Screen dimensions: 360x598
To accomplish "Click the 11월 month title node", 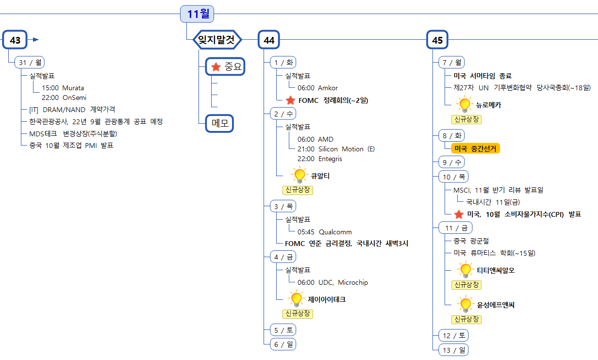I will pos(197,14).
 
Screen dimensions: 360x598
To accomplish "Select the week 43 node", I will pos(15,40).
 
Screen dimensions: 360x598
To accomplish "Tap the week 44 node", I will pos(269,40).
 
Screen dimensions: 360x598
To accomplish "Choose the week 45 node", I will pos(437,40).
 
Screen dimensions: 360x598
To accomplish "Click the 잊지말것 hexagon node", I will pos(217,40).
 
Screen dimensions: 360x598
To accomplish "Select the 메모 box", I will pos(219,123).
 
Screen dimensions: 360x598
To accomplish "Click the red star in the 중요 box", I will pos(216,67).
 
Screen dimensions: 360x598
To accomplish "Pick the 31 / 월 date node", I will pos(30,63).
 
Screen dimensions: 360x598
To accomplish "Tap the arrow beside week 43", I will pos(35,40).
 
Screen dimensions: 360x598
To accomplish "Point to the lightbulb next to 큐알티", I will pos(299,174).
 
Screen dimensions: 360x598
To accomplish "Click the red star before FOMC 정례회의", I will pos(290,100).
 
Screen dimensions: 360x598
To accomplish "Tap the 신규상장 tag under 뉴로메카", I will pos(466,119).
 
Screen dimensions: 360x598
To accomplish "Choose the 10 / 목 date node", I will pos(453,177).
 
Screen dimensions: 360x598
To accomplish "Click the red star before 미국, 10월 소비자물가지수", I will pos(459,214).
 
